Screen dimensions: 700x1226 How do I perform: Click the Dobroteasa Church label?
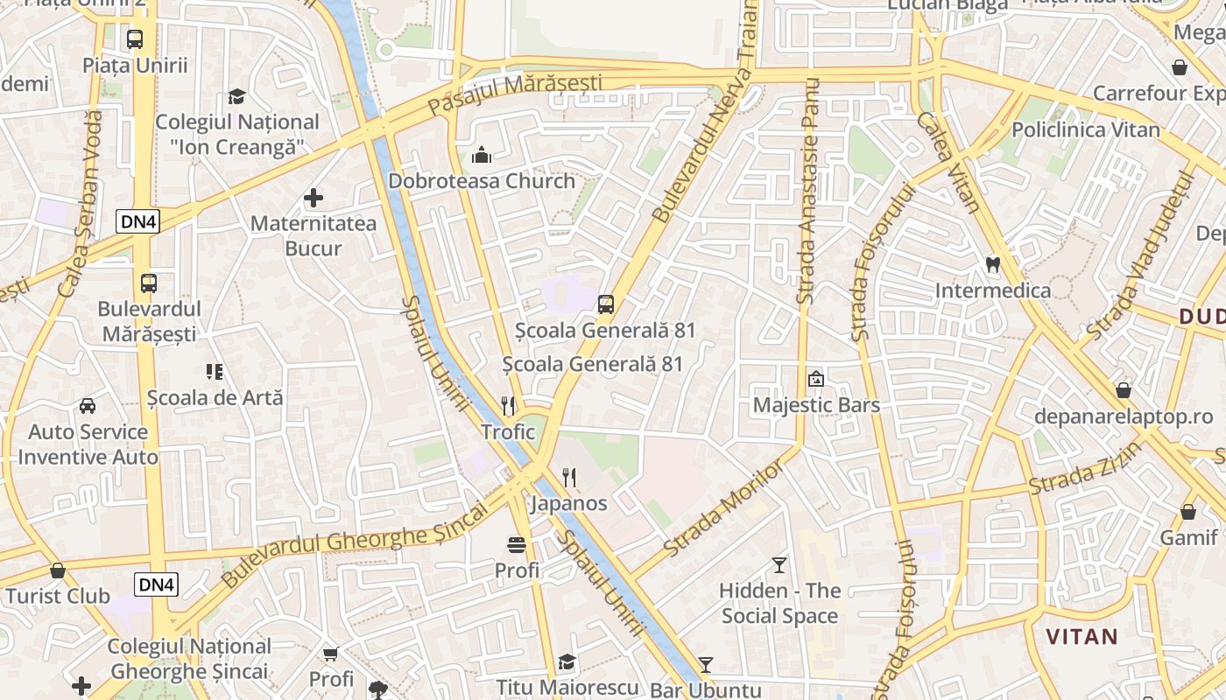pos(482,181)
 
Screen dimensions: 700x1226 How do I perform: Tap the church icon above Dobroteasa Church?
pos(482,156)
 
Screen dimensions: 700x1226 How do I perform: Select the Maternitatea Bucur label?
pos(314,235)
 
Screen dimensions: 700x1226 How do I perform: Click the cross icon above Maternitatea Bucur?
pos(314,198)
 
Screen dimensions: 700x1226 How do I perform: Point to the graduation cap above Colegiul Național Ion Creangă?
pos(236,95)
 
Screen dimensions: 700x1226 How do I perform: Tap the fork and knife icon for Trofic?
pos(508,405)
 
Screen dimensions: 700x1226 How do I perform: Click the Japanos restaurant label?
pos(569,503)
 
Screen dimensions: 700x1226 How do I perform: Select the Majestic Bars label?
pos(816,405)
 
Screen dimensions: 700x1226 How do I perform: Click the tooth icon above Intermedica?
pos(992,263)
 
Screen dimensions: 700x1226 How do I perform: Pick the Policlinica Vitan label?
pos(1085,129)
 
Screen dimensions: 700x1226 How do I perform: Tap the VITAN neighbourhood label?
pos(1082,636)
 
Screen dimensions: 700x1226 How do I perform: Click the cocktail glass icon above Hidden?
pos(779,564)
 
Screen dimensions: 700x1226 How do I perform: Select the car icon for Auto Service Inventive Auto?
pos(88,405)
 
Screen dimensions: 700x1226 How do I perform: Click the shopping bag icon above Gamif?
pos(1188,511)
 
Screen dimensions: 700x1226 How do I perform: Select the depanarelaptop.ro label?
pos(1124,416)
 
